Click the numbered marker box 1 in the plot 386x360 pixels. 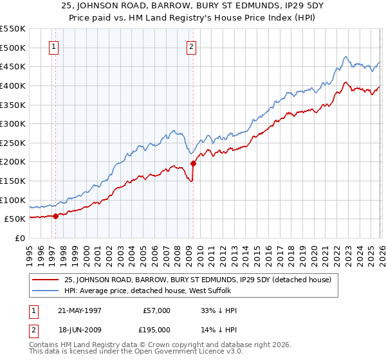tap(54, 46)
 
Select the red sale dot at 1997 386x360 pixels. tap(56, 216)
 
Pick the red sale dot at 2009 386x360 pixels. tap(193, 163)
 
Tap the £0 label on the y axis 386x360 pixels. tap(20, 238)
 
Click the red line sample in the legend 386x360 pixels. tap(46, 280)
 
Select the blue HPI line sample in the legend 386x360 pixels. tap(46, 291)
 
